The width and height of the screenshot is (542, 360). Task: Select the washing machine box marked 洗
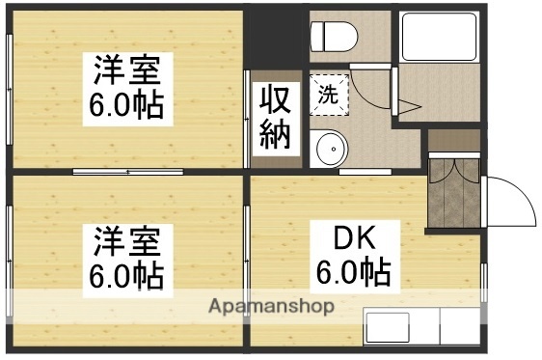click(328, 95)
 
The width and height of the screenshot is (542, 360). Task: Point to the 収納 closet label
click(273, 117)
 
